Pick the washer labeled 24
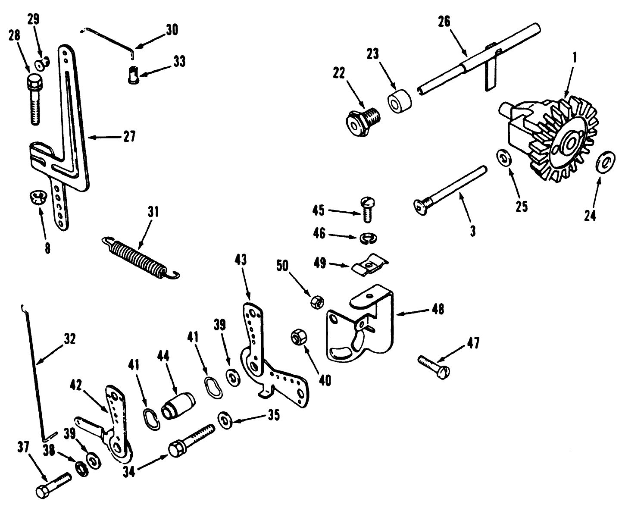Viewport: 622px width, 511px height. (604, 163)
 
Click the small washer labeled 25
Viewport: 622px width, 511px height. (503, 157)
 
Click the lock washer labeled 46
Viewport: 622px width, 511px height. (366, 238)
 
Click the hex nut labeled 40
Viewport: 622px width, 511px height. (298, 336)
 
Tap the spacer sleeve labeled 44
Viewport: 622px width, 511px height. (178, 405)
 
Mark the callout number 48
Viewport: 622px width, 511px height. (438, 309)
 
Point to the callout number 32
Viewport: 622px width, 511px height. (69, 339)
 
